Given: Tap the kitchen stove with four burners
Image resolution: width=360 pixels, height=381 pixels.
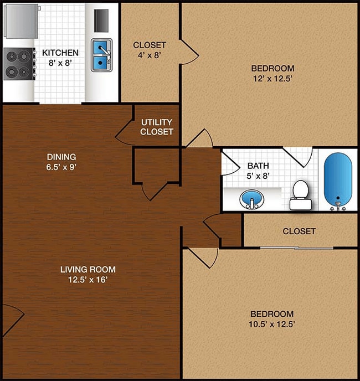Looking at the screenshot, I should point(18,64).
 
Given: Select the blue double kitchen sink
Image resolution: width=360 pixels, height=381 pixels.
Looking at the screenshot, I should point(101,55).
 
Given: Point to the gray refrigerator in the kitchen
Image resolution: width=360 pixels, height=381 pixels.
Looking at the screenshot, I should point(21,20).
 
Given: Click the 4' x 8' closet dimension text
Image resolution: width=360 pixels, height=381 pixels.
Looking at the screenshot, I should point(150,55).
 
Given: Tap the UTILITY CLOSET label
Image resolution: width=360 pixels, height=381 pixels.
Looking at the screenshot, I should point(157,127).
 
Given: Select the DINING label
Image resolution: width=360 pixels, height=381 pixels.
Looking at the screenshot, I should point(61,157).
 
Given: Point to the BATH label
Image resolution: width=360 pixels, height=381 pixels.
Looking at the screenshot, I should point(258,166).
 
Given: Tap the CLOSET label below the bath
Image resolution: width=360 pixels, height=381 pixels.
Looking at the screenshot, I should point(299,231).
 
